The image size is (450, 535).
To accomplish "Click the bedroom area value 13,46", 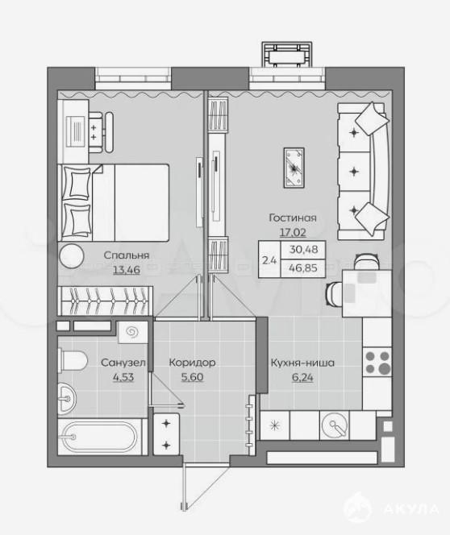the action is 127,270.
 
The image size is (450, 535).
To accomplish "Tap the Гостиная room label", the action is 293,218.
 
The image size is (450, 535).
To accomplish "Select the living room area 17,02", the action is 293,232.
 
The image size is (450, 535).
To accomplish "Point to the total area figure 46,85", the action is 303,267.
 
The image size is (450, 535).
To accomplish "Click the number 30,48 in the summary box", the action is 303,250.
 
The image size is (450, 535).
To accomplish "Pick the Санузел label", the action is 123,363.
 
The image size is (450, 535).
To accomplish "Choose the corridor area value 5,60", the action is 192,377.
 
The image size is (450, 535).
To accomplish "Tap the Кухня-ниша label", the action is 302,363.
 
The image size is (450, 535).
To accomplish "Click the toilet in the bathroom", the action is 72,359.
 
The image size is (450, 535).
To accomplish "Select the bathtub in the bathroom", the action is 100,437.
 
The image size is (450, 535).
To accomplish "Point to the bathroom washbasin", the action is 67,399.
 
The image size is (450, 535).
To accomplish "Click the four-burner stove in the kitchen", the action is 377,362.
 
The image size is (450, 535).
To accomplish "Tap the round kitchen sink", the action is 335,425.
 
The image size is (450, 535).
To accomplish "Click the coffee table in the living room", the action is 294,168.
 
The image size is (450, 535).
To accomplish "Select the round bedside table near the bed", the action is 71,256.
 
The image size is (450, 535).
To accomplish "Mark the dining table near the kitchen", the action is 367,293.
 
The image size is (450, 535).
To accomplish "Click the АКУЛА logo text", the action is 411,509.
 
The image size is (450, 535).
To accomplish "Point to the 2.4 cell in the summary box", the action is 269,260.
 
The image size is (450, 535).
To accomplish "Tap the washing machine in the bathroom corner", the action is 133,332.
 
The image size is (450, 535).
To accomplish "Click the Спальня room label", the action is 127,255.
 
